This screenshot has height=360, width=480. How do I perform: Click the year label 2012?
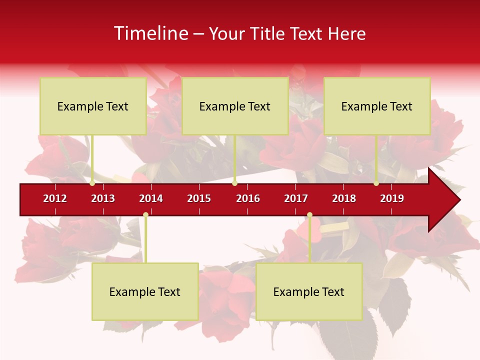(x=55, y=198)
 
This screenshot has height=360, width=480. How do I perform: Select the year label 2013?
(x=103, y=198)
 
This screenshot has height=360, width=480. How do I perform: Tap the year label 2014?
(x=151, y=198)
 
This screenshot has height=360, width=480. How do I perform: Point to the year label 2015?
(x=199, y=198)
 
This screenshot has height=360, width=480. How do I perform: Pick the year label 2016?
(x=248, y=198)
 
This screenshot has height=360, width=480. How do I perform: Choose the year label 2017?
(x=296, y=198)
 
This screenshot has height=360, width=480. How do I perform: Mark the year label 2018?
(x=344, y=198)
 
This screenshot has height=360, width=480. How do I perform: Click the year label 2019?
(x=392, y=198)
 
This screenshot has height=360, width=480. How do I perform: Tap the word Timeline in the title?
(x=150, y=33)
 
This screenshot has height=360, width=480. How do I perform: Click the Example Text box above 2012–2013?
(x=93, y=106)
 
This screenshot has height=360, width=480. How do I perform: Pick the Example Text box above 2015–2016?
(x=235, y=106)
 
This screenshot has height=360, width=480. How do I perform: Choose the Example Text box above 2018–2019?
(x=377, y=106)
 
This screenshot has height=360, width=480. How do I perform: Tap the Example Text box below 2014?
(x=145, y=291)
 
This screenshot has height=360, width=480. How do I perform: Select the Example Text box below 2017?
(x=309, y=291)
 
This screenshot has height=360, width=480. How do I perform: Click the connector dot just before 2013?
(x=92, y=183)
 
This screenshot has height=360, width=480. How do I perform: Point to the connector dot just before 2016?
(x=234, y=183)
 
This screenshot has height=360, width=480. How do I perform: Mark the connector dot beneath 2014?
(x=145, y=215)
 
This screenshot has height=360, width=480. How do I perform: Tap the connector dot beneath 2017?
(x=309, y=215)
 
